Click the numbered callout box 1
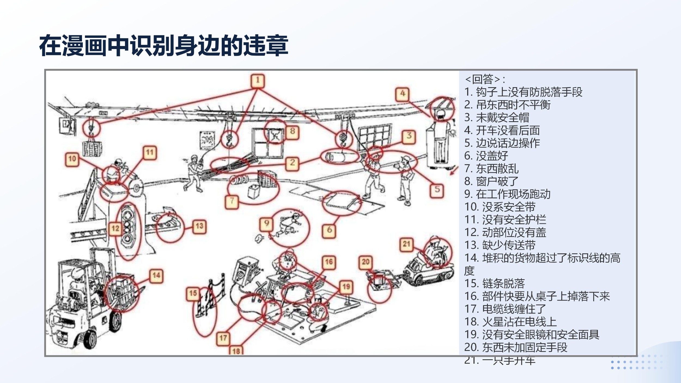(257, 81)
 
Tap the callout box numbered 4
(402, 94)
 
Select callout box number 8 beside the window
(292, 132)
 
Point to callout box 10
(72, 159)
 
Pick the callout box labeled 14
(156, 276)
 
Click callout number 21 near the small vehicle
(406, 244)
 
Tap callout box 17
(223, 339)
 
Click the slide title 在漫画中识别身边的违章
(163, 45)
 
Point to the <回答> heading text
(485, 79)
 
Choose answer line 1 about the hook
(523, 92)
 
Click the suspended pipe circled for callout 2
(339, 157)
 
